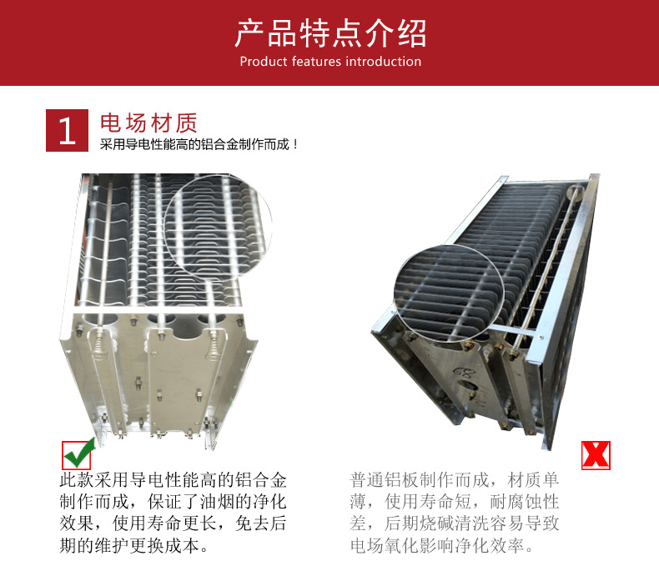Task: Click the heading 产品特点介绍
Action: click(x=329, y=33)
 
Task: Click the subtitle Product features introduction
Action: click(x=330, y=62)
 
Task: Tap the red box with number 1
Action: click(x=68, y=130)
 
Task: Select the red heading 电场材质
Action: click(x=148, y=123)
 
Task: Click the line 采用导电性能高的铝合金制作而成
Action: click(x=199, y=144)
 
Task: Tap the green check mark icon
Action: click(x=77, y=455)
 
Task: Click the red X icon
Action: click(x=596, y=454)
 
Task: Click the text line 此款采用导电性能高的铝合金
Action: click(x=174, y=481)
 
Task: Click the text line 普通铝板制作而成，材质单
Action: click(x=455, y=481)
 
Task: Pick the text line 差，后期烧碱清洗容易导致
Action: click(x=455, y=524)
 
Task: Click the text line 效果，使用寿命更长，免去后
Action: click(x=174, y=524)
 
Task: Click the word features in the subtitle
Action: click(x=316, y=62)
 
